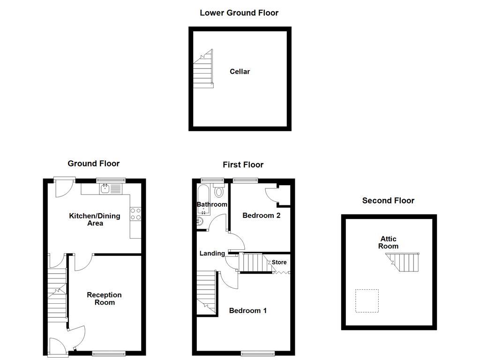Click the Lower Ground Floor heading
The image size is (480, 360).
click(239, 13)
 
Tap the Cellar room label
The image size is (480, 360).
click(240, 72)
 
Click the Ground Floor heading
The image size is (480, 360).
click(94, 164)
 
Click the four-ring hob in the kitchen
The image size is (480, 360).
click(135, 214)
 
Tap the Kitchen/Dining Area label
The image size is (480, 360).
click(95, 219)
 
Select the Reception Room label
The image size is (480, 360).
click(104, 299)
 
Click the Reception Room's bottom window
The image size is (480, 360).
click(109, 353)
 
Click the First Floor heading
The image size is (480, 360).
click(243, 165)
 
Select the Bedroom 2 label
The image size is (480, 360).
click(261, 216)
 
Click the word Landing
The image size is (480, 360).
click(212, 254)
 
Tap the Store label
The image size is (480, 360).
click(279, 262)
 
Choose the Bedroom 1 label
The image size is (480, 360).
click(247, 310)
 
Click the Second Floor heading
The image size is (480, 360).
click(388, 201)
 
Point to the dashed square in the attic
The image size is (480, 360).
click(367, 301)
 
